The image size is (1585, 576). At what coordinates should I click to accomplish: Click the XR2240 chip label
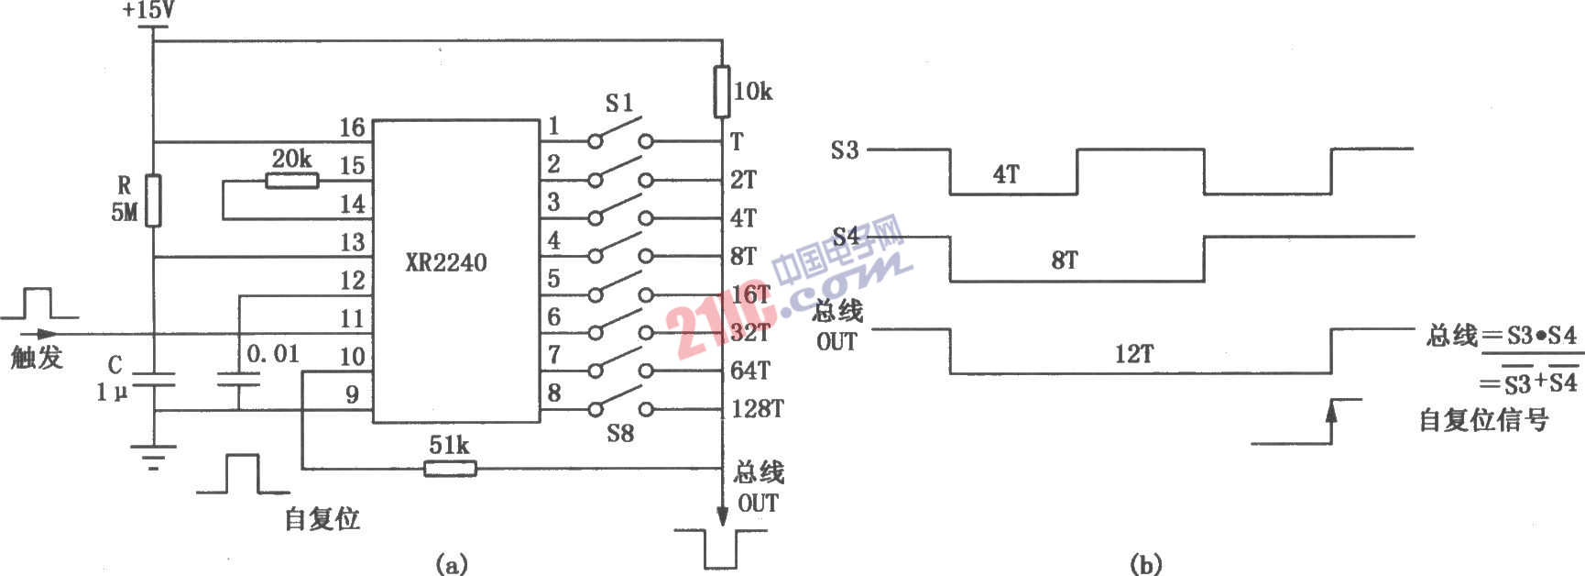coord(446,263)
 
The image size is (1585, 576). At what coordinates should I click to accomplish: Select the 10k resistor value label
coord(753,92)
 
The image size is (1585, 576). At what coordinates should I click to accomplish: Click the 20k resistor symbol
coord(292,181)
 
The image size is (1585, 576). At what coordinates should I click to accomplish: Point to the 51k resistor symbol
coord(450,469)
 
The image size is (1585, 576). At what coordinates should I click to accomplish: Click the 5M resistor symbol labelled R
coord(154,200)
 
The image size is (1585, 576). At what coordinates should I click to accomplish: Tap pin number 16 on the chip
coord(352,127)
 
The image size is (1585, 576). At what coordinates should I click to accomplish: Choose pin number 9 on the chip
coord(352,395)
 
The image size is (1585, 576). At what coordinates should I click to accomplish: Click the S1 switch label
coord(620,103)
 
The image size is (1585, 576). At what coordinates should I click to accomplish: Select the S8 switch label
coord(620,433)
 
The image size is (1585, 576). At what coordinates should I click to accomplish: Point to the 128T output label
coord(758,409)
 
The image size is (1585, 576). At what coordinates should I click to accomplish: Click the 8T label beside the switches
coord(744,257)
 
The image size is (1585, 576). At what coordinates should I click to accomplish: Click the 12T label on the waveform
coord(1133,354)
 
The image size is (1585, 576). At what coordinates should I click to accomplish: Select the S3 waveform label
coord(844,150)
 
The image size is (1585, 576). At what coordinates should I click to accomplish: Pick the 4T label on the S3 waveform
coord(1005,174)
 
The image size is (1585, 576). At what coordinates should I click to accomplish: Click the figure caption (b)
coord(1146,564)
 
